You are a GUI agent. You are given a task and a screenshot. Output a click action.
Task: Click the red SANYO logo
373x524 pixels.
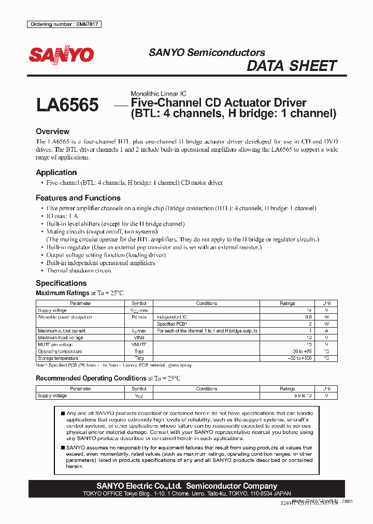[61, 55]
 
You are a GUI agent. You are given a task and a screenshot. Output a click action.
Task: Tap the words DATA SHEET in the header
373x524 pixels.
[292, 66]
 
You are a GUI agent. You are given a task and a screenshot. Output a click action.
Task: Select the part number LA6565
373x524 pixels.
[67, 105]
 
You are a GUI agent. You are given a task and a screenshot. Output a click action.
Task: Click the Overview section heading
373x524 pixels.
[52, 132]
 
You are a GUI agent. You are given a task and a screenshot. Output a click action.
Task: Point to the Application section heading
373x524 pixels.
[56, 172]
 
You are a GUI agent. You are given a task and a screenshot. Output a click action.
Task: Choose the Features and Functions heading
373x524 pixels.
[78, 198]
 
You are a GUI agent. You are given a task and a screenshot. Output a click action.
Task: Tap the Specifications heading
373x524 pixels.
[61, 283]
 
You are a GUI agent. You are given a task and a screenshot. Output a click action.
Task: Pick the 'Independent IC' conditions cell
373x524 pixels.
[173, 317]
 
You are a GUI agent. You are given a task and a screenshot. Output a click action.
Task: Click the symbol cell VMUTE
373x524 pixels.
[139, 344]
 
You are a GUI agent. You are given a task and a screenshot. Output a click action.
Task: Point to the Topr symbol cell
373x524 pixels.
[139, 352]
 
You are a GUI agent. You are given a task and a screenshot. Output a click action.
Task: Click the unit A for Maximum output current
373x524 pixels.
[327, 331]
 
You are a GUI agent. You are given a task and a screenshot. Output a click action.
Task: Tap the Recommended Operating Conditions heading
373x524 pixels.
[91, 378]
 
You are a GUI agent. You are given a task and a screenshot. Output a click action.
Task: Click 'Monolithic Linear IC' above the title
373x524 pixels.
[158, 94]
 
